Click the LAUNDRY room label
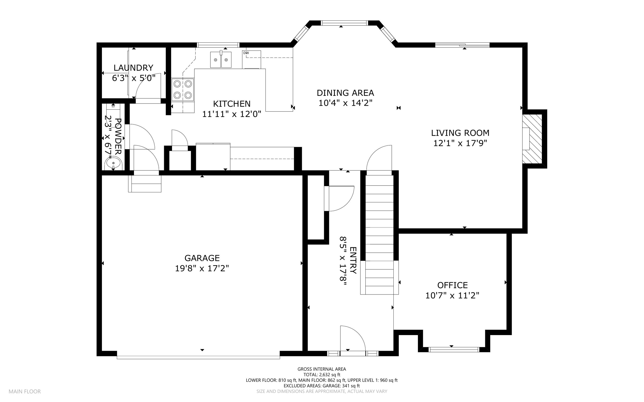click(133, 68)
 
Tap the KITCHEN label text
click(232, 104)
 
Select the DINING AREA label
click(345, 93)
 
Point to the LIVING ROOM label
click(460, 133)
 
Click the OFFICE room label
click(452, 285)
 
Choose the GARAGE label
click(202, 258)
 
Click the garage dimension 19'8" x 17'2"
click(202, 268)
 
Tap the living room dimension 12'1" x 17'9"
click(460, 143)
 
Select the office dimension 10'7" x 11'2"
click(452, 295)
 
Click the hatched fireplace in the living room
click(532, 139)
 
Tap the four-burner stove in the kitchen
click(183, 89)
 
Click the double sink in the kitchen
click(221, 60)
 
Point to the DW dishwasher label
click(246, 53)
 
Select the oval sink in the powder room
click(113, 163)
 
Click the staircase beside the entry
click(380, 233)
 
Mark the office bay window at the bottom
click(454, 349)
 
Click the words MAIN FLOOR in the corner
click(25, 392)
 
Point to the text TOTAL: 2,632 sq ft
click(322, 375)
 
